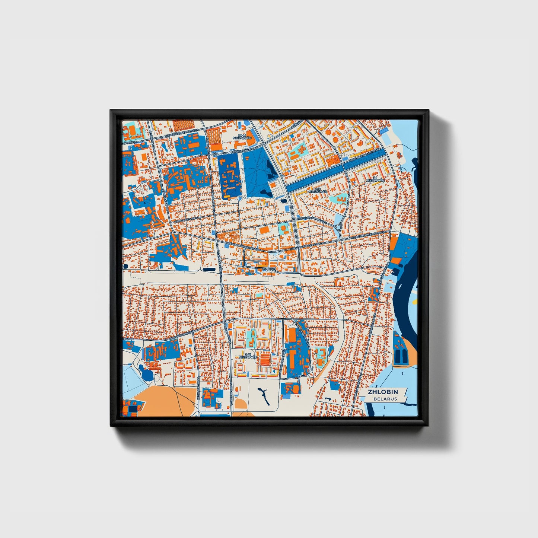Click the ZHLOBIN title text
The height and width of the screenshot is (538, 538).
tap(383, 392)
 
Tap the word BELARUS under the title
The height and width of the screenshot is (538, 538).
tap(385, 399)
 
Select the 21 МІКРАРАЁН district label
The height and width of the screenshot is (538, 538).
tap(375, 179)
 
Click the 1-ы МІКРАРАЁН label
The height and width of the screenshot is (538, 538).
tap(318, 190)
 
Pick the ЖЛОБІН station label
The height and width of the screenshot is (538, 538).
tap(268, 268)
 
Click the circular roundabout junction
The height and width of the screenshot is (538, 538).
tap(338, 227)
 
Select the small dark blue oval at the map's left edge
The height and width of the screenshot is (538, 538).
tap(125, 266)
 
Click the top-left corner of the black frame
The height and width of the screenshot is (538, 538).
tap(111, 111)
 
